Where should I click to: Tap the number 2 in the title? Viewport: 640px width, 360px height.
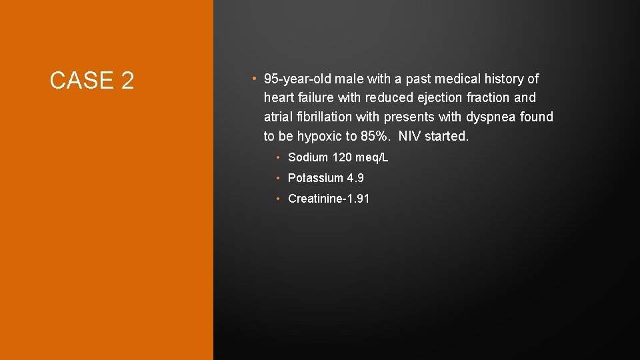(127, 81)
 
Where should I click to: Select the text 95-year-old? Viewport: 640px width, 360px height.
(297, 79)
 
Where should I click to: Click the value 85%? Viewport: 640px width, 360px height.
(378, 136)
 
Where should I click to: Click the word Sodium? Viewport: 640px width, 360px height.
(308, 158)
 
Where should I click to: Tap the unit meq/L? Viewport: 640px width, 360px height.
(372, 158)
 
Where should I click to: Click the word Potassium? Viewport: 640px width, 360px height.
(315, 178)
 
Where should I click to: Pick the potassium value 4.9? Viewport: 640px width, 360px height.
(355, 178)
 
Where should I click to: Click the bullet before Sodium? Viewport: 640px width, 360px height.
(279, 158)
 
